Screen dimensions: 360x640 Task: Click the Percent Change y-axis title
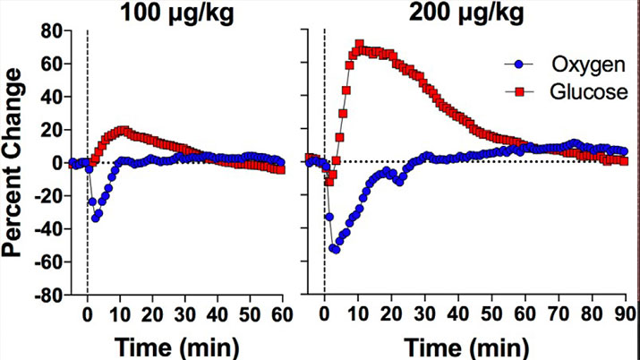click(14, 163)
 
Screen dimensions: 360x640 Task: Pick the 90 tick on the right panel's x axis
click(624, 314)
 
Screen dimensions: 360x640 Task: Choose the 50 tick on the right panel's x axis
click(491, 314)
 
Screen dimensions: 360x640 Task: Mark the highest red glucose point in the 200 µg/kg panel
click(360, 44)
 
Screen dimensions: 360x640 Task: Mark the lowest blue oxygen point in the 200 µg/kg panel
click(336, 249)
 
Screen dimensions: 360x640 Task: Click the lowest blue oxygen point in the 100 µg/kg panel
click(95, 218)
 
